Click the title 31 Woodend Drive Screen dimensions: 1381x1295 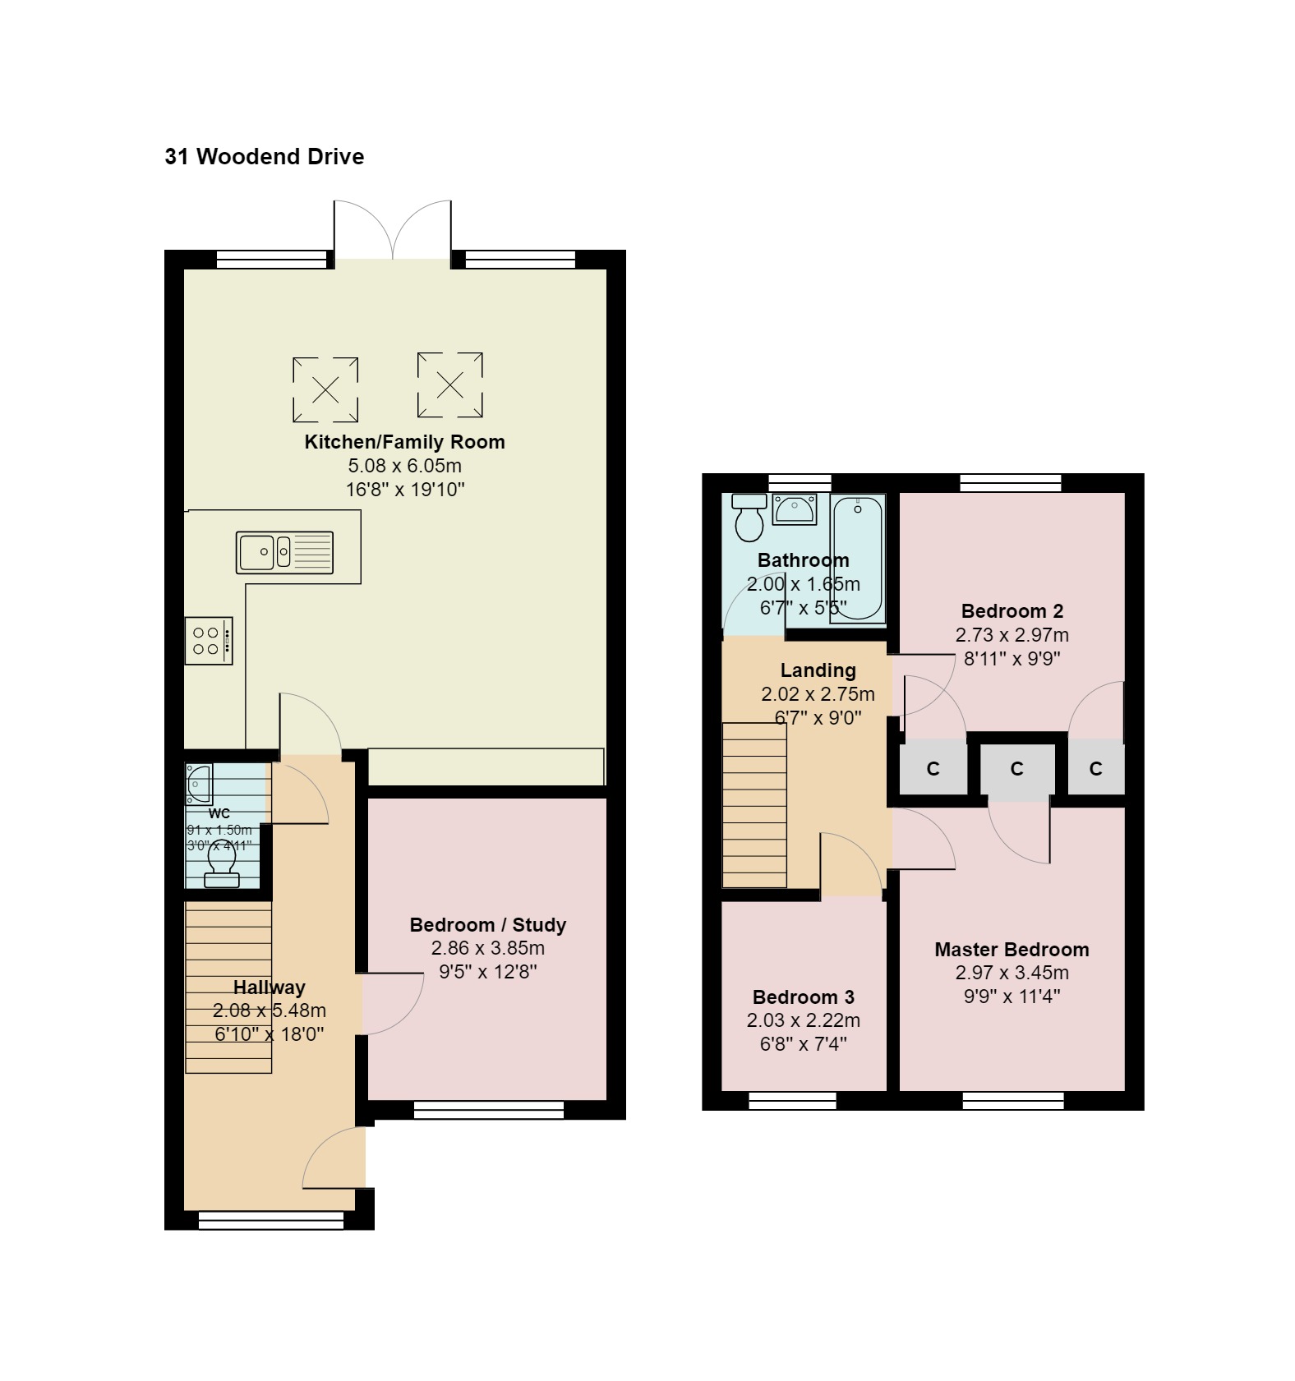pyautogui.click(x=264, y=156)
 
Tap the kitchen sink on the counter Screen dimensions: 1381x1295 pyautogui.click(x=284, y=552)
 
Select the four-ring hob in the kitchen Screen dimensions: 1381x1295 pyautogui.click(x=208, y=641)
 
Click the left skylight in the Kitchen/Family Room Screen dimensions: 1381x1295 pyautogui.click(x=325, y=389)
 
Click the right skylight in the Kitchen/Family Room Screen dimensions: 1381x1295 pyautogui.click(x=449, y=384)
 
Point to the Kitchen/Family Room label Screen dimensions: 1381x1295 pyautogui.click(x=404, y=442)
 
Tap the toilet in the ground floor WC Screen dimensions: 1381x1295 pyautogui.click(x=222, y=866)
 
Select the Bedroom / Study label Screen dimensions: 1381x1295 pyautogui.click(x=487, y=925)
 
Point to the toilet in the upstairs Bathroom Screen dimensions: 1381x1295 pyautogui.click(x=749, y=518)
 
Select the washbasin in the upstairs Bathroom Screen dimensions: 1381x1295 pyautogui.click(x=795, y=510)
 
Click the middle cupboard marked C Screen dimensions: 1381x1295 pyautogui.click(x=1016, y=769)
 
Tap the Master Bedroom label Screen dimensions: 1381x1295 pyautogui.click(x=1012, y=950)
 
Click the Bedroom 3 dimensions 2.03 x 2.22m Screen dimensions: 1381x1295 pyautogui.click(x=803, y=1020)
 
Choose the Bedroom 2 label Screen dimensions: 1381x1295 pyautogui.click(x=1012, y=611)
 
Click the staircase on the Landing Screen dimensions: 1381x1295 pyautogui.click(x=754, y=805)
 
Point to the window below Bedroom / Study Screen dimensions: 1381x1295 pyautogui.click(x=488, y=1110)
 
